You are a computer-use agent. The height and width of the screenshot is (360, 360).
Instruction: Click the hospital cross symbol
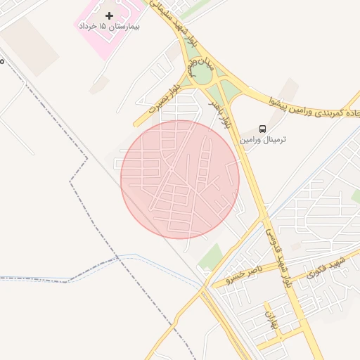point(109,15)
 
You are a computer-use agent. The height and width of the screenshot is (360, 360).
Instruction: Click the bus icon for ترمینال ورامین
point(262,129)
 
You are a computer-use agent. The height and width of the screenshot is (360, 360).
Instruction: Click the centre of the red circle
point(180,179)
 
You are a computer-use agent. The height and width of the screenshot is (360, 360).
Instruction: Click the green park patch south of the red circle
point(210,257)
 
